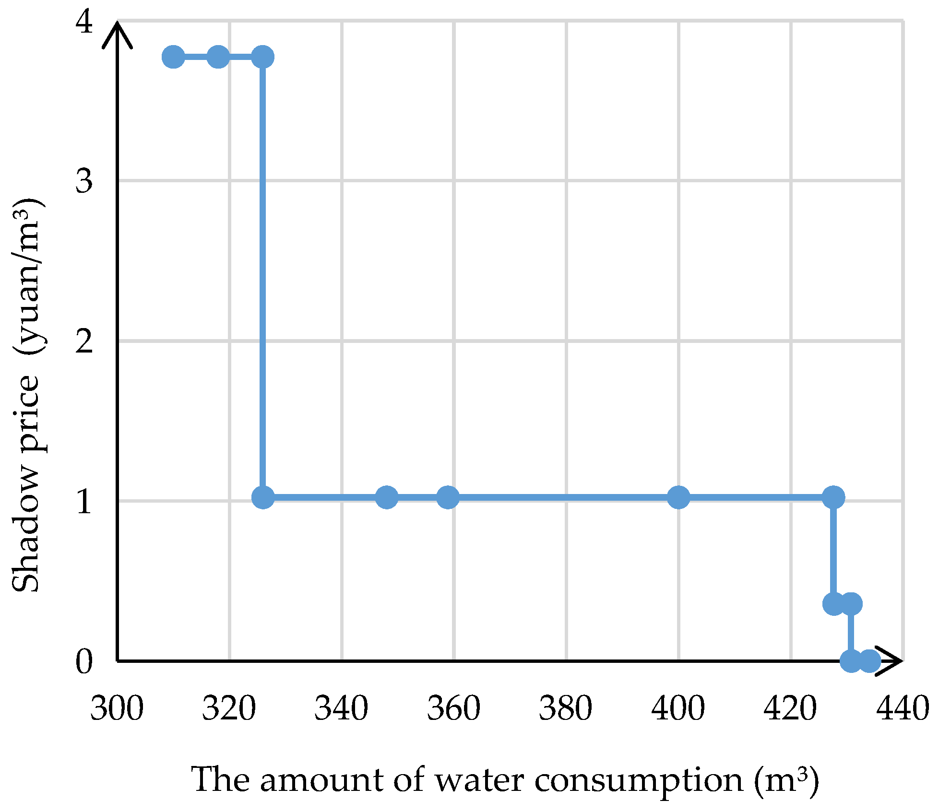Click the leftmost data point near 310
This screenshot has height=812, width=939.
click(x=173, y=58)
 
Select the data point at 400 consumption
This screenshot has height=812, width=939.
click(x=678, y=497)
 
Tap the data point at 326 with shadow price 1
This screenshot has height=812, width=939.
click(x=263, y=497)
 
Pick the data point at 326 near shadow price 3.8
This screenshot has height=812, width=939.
click(x=263, y=58)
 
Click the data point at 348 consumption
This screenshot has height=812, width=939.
click(x=387, y=497)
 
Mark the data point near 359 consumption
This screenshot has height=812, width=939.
click(x=448, y=497)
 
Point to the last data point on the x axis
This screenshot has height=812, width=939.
click(x=869, y=661)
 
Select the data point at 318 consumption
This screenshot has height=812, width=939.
click(x=218, y=58)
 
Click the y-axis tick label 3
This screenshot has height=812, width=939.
click(x=84, y=181)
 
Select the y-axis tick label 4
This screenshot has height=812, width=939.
click(x=84, y=22)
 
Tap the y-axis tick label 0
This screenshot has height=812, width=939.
click(x=84, y=662)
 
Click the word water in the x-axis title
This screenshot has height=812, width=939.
click(x=479, y=780)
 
